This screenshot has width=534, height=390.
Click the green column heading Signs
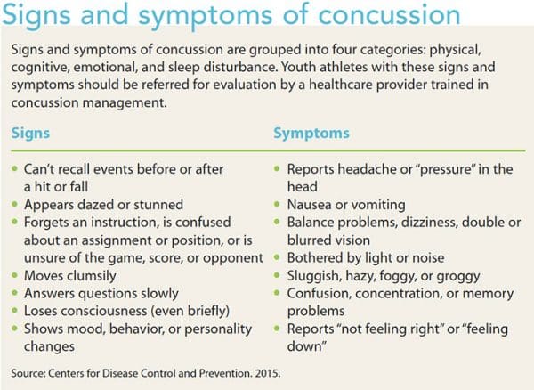tap(32, 132)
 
